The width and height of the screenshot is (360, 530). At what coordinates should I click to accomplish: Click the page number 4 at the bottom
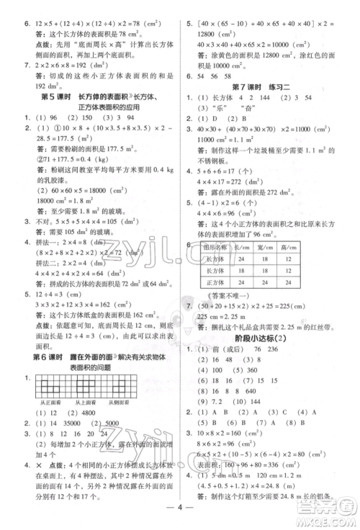pos(180,513)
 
